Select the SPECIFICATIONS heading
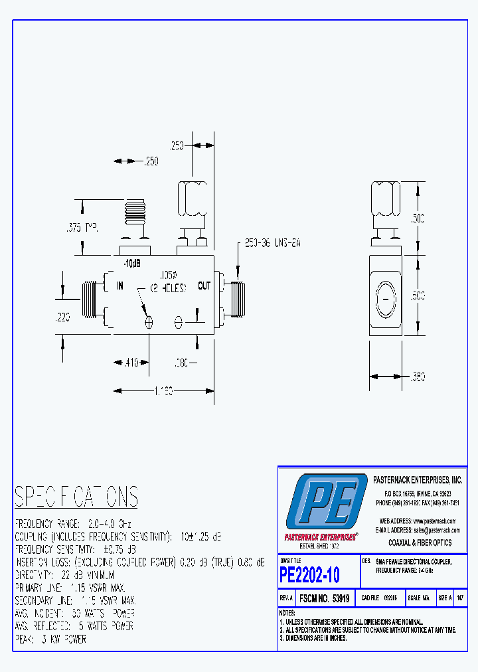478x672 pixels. tap(76, 497)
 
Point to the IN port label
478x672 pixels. tap(120, 286)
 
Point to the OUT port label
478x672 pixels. tap(204, 286)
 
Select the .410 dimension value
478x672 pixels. tap(129, 363)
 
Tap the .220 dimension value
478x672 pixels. tap(64, 317)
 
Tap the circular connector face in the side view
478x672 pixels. tap(386, 301)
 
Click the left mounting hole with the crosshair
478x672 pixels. tap(149, 322)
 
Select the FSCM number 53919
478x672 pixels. tap(325, 598)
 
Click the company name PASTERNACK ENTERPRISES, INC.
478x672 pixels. tap(416, 479)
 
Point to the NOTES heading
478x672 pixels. tap(287, 612)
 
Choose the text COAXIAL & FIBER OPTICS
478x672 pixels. tap(420, 543)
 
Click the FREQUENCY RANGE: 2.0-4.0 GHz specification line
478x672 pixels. tap(73, 523)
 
